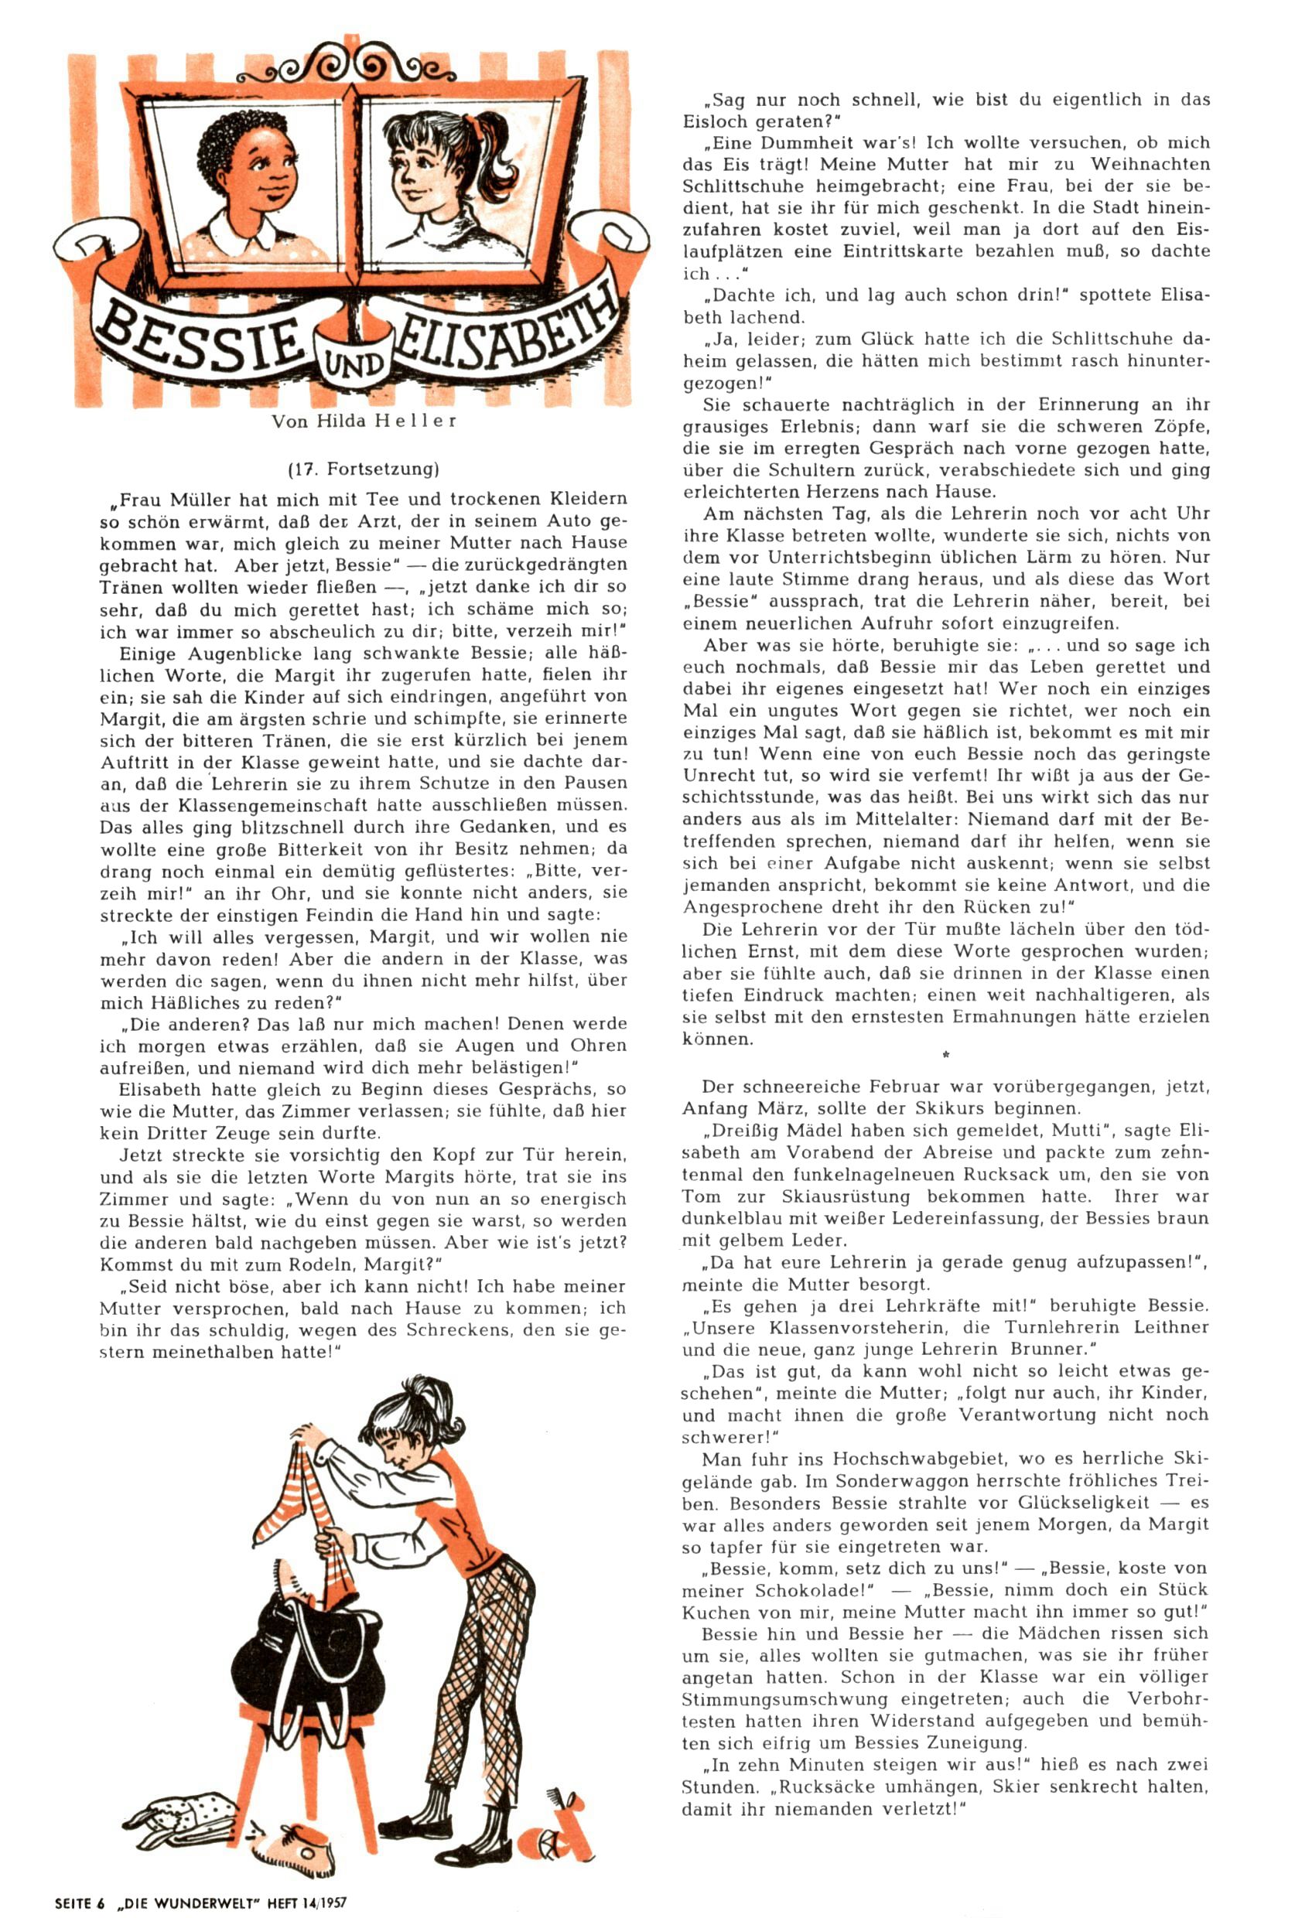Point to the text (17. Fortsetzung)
(x=364, y=469)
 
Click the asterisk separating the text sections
(x=945, y=1055)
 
